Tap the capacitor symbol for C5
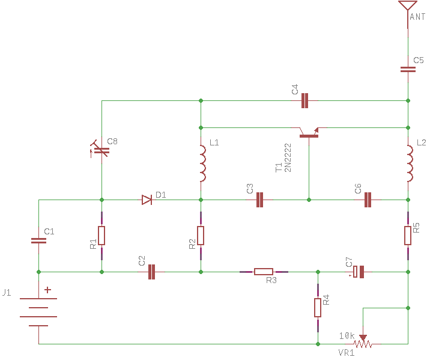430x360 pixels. pyautogui.click(x=408, y=69)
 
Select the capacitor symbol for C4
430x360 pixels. pyautogui.click(x=304, y=100)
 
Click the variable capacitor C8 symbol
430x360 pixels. pyautogui.click(x=101, y=149)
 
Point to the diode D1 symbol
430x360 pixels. pyautogui.click(x=147, y=200)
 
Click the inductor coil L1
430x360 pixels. pyautogui.click(x=202, y=163)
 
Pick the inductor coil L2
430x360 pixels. pyautogui.click(x=409, y=163)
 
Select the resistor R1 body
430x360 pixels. pyautogui.click(x=101, y=236)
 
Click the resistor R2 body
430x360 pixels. pyautogui.click(x=201, y=236)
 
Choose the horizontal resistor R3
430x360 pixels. pyautogui.click(x=264, y=272)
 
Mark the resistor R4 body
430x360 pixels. pyautogui.click(x=318, y=308)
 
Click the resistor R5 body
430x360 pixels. pyautogui.click(x=408, y=236)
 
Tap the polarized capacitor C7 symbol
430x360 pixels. pyautogui.click(x=358, y=272)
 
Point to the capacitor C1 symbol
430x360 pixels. pyautogui.click(x=39, y=240)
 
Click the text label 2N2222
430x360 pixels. pyautogui.click(x=288, y=157)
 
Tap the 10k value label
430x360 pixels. pyautogui.click(x=347, y=335)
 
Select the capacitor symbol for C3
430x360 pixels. pyautogui.click(x=260, y=200)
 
